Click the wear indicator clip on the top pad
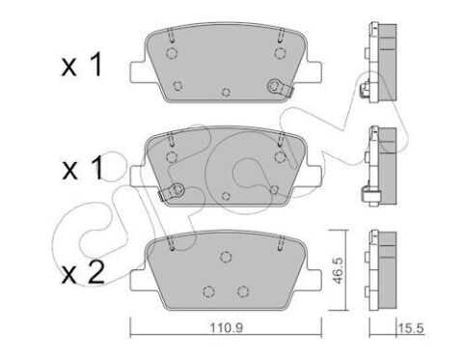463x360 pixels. (285, 90)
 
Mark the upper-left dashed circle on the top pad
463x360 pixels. (170, 55)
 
